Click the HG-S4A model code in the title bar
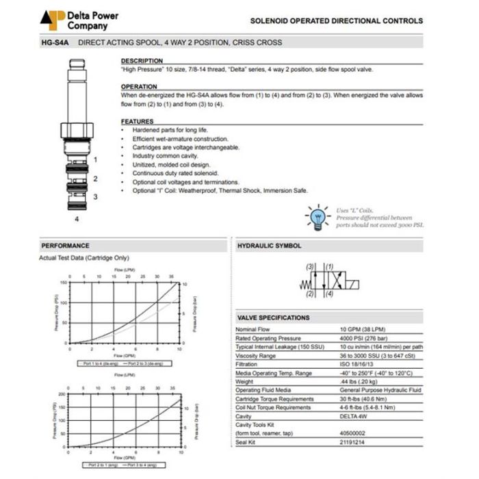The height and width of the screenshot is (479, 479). coord(53,42)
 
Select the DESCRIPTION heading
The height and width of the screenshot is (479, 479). coord(142,61)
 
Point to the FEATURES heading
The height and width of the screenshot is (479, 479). coord(137,121)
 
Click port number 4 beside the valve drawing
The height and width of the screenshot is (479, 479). coord(77,219)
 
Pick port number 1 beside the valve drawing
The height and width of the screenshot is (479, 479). coord(95,159)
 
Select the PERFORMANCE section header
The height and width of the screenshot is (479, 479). coord(66,246)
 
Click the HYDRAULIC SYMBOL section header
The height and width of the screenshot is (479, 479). coord(269,246)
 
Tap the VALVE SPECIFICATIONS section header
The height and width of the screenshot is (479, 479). coord(274,318)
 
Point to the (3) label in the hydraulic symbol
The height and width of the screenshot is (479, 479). coord(310,266)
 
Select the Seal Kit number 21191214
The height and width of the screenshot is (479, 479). coord(354,441)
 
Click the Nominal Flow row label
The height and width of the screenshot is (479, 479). coord(253,330)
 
